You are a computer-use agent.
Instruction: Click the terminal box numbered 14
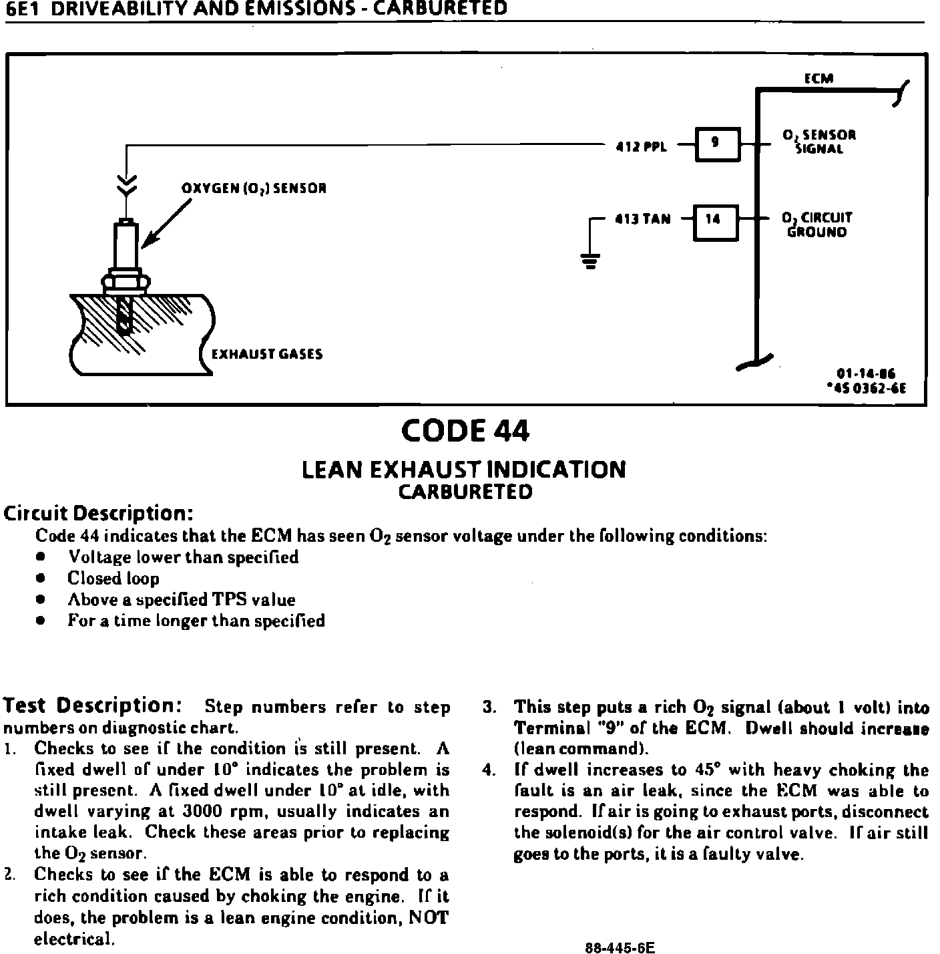(x=715, y=220)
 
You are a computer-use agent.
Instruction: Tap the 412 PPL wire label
(x=640, y=147)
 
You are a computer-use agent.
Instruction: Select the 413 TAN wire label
(x=642, y=219)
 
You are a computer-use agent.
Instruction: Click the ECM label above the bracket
(x=818, y=78)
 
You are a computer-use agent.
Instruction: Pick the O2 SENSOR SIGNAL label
(x=819, y=142)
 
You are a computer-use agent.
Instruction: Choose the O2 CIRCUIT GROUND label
(x=818, y=225)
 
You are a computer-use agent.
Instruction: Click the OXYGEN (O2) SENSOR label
(x=254, y=188)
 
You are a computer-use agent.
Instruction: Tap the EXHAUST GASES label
(x=266, y=354)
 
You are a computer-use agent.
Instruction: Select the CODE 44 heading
(x=465, y=431)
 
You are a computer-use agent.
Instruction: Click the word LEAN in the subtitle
(x=332, y=470)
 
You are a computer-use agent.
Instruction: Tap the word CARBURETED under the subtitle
(x=465, y=492)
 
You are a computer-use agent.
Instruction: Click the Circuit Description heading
(x=99, y=514)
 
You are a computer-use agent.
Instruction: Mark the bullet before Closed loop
(x=41, y=579)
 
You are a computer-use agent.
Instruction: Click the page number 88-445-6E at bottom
(x=620, y=947)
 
